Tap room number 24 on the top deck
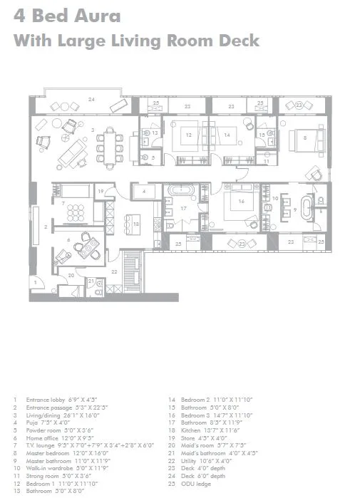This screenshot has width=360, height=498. [91, 99]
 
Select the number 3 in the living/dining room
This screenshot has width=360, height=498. [93, 129]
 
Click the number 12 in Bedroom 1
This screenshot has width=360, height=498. [189, 134]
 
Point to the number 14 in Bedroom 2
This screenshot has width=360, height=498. [226, 134]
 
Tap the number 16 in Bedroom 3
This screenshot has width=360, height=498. [242, 202]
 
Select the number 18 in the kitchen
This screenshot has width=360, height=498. [135, 224]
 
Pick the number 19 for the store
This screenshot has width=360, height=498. [101, 191]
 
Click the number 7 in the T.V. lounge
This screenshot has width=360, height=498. [63, 204]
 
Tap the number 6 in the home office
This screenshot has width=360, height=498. [68, 241]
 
